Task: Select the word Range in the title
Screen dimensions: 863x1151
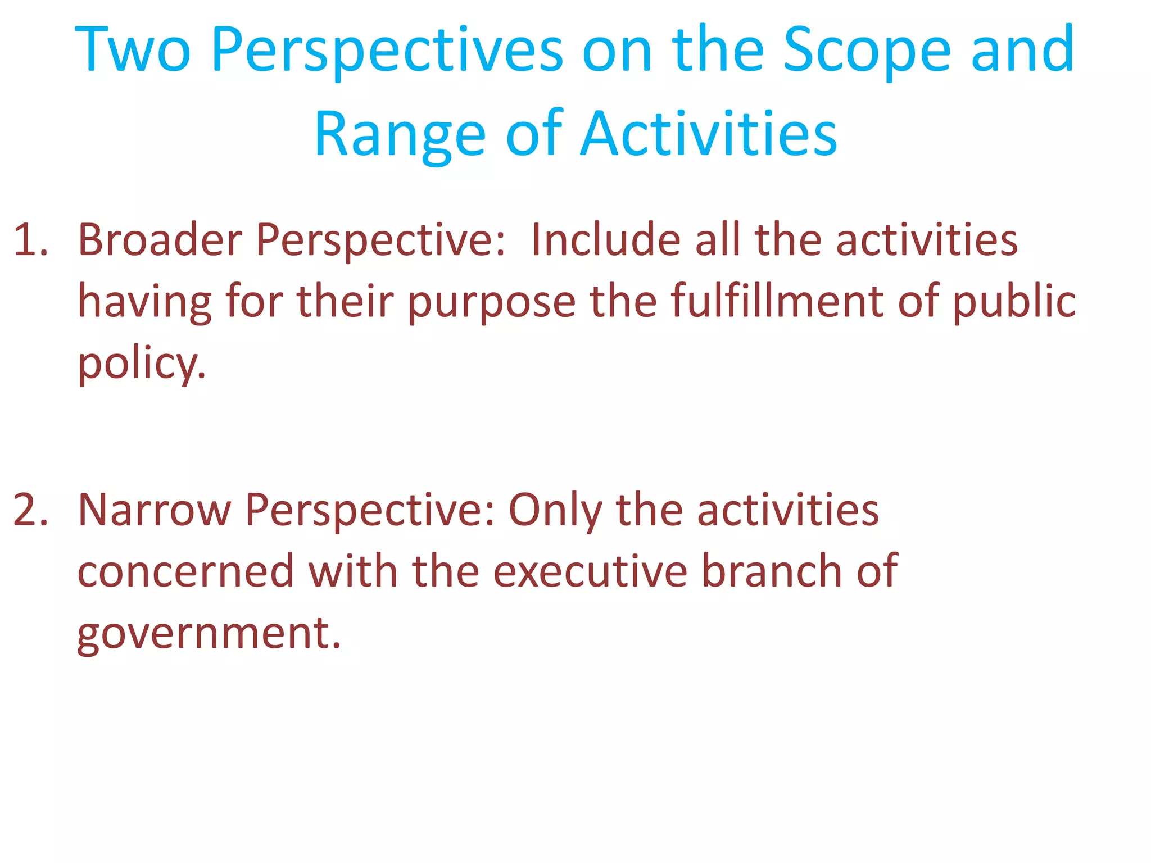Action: [x=400, y=135]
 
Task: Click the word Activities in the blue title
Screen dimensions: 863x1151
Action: [x=709, y=135]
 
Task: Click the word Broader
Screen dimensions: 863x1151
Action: [x=160, y=240]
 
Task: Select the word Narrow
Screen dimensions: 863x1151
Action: [x=154, y=510]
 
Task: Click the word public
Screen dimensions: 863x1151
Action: [x=1014, y=302]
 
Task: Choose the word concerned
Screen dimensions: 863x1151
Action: [x=185, y=572]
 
